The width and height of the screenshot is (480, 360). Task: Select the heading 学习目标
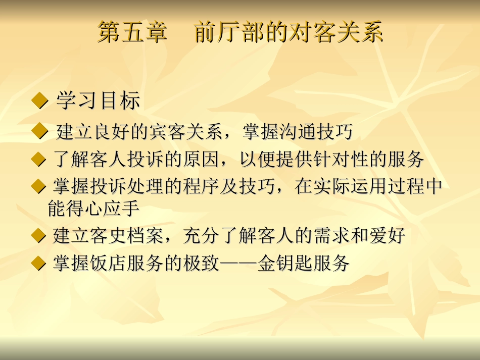[98, 101]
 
